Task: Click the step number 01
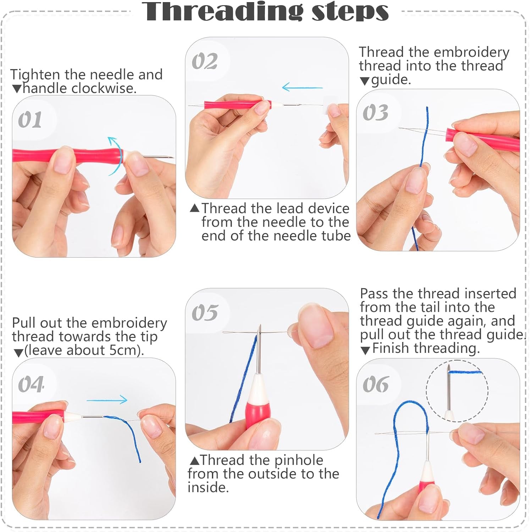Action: (x=30, y=120)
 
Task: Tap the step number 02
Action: (x=204, y=61)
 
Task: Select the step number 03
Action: (x=375, y=113)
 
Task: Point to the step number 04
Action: (x=31, y=384)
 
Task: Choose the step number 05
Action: (x=204, y=312)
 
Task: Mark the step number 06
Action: (x=375, y=384)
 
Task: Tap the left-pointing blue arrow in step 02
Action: (x=302, y=87)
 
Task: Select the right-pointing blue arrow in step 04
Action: (x=107, y=400)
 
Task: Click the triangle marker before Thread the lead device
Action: (x=194, y=208)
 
